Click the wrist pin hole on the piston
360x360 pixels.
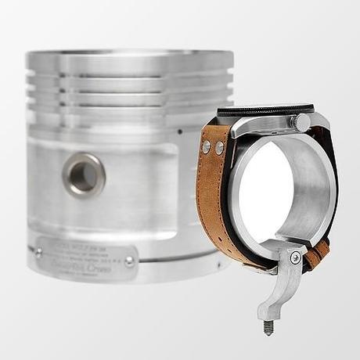pyautogui.click(x=84, y=174)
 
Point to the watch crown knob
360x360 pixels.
pyautogui.click(x=300, y=123)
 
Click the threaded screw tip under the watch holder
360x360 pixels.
pyautogui.click(x=268, y=326)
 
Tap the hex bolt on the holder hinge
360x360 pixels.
pyautogui.click(x=294, y=257)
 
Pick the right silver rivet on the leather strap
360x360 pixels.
pyautogui.click(x=219, y=148)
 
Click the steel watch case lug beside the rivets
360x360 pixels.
pyautogui.click(x=235, y=141)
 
